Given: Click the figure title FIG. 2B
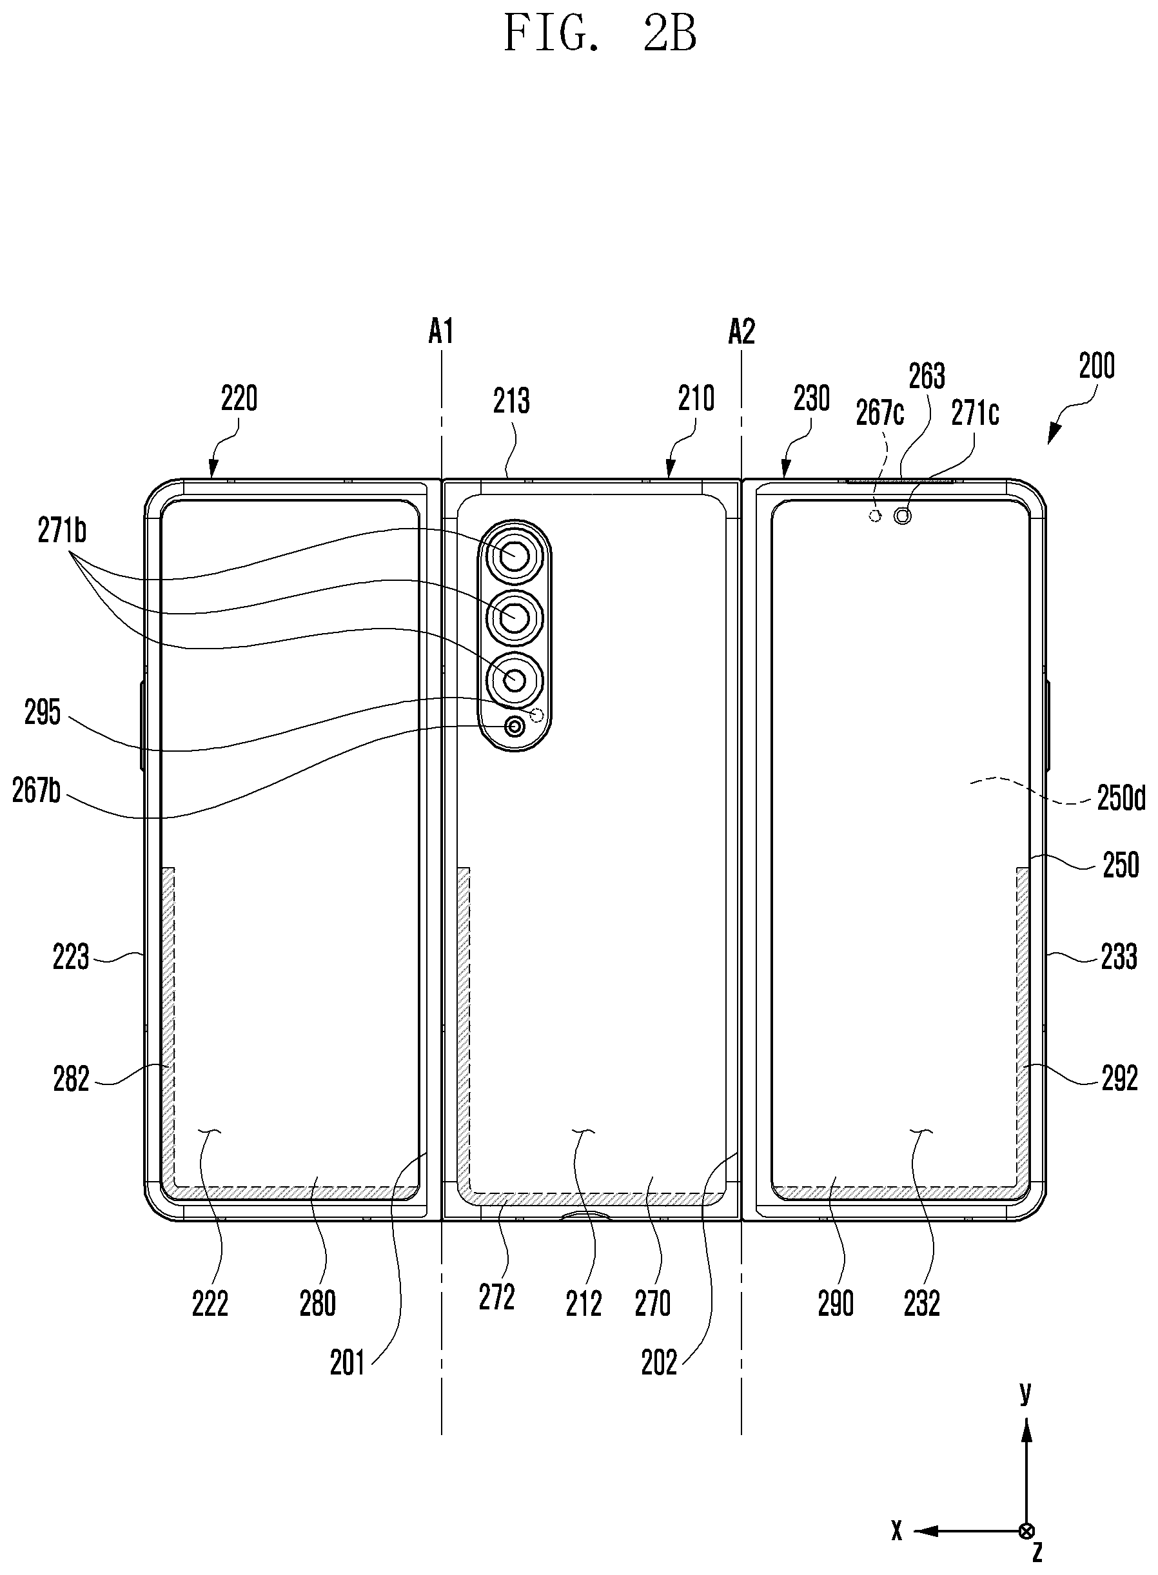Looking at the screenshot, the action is click(600, 34).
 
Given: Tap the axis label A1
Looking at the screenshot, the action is click(441, 331).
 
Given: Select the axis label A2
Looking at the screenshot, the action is click(741, 331).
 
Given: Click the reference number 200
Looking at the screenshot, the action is click(1096, 366).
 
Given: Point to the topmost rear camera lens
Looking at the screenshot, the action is click(515, 554).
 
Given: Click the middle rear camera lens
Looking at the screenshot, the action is click(515, 616).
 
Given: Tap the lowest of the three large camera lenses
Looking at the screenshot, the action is click(515, 678).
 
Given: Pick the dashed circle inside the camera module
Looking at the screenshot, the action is click(538, 715).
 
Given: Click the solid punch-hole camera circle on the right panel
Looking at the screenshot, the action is click(903, 516).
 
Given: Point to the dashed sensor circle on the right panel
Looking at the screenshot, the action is click(875, 516).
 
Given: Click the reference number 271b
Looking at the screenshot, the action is click(62, 531).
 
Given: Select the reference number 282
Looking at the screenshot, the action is click(72, 1079).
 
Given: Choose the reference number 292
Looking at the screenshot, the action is click(1119, 1078).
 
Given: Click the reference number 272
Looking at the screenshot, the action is click(497, 1296).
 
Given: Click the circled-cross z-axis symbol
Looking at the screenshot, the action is click(1027, 1530).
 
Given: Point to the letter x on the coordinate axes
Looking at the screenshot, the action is click(896, 1531).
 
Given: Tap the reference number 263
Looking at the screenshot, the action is click(927, 377).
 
